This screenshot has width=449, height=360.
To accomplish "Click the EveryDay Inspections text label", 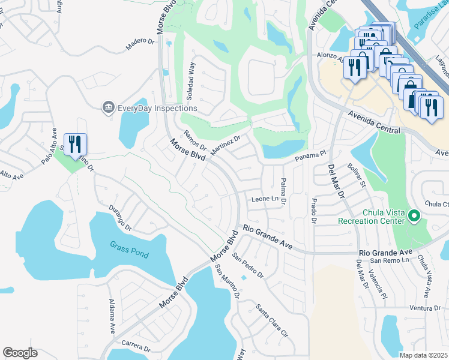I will click(x=157, y=108).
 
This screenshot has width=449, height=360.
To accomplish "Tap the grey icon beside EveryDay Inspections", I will click(x=109, y=107).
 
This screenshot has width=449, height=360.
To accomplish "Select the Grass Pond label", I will click(x=129, y=250).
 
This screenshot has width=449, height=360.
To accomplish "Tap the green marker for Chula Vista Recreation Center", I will click(x=414, y=215).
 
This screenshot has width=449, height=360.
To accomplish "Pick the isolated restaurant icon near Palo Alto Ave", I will click(x=75, y=145).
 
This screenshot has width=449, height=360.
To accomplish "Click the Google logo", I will click(x=20, y=353).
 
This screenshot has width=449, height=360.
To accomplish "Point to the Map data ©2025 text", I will click(x=423, y=355).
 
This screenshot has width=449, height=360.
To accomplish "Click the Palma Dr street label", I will click(x=283, y=192).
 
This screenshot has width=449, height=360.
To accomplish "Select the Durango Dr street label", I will click(x=120, y=219).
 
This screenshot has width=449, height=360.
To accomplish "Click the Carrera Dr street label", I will click(x=134, y=347).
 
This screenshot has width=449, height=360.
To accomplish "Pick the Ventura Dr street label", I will click(x=426, y=308).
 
